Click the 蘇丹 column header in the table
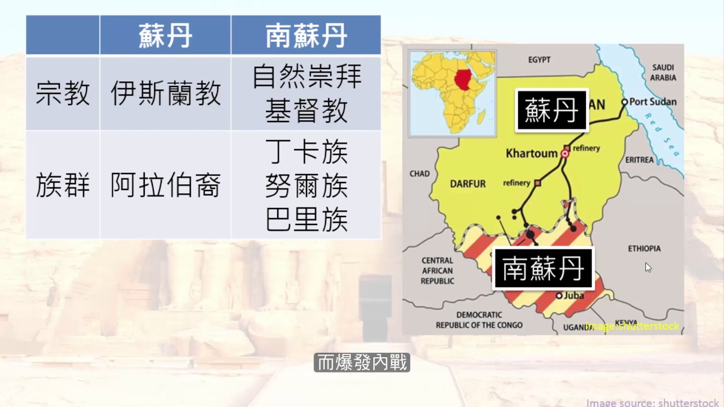[165, 36]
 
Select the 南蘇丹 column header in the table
[306, 36]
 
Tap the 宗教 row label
[63, 94]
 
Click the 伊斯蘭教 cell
[165, 94]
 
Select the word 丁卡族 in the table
[306, 153]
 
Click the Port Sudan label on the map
[652, 102]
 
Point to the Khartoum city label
[531, 153]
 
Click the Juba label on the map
[574, 295]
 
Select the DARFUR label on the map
[468, 184]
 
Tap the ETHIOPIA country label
[644, 249]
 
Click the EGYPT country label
[540, 59]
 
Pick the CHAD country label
[419, 174]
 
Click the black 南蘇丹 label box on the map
[543, 269]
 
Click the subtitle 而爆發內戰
[362, 363]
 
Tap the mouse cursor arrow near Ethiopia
[648, 267]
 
